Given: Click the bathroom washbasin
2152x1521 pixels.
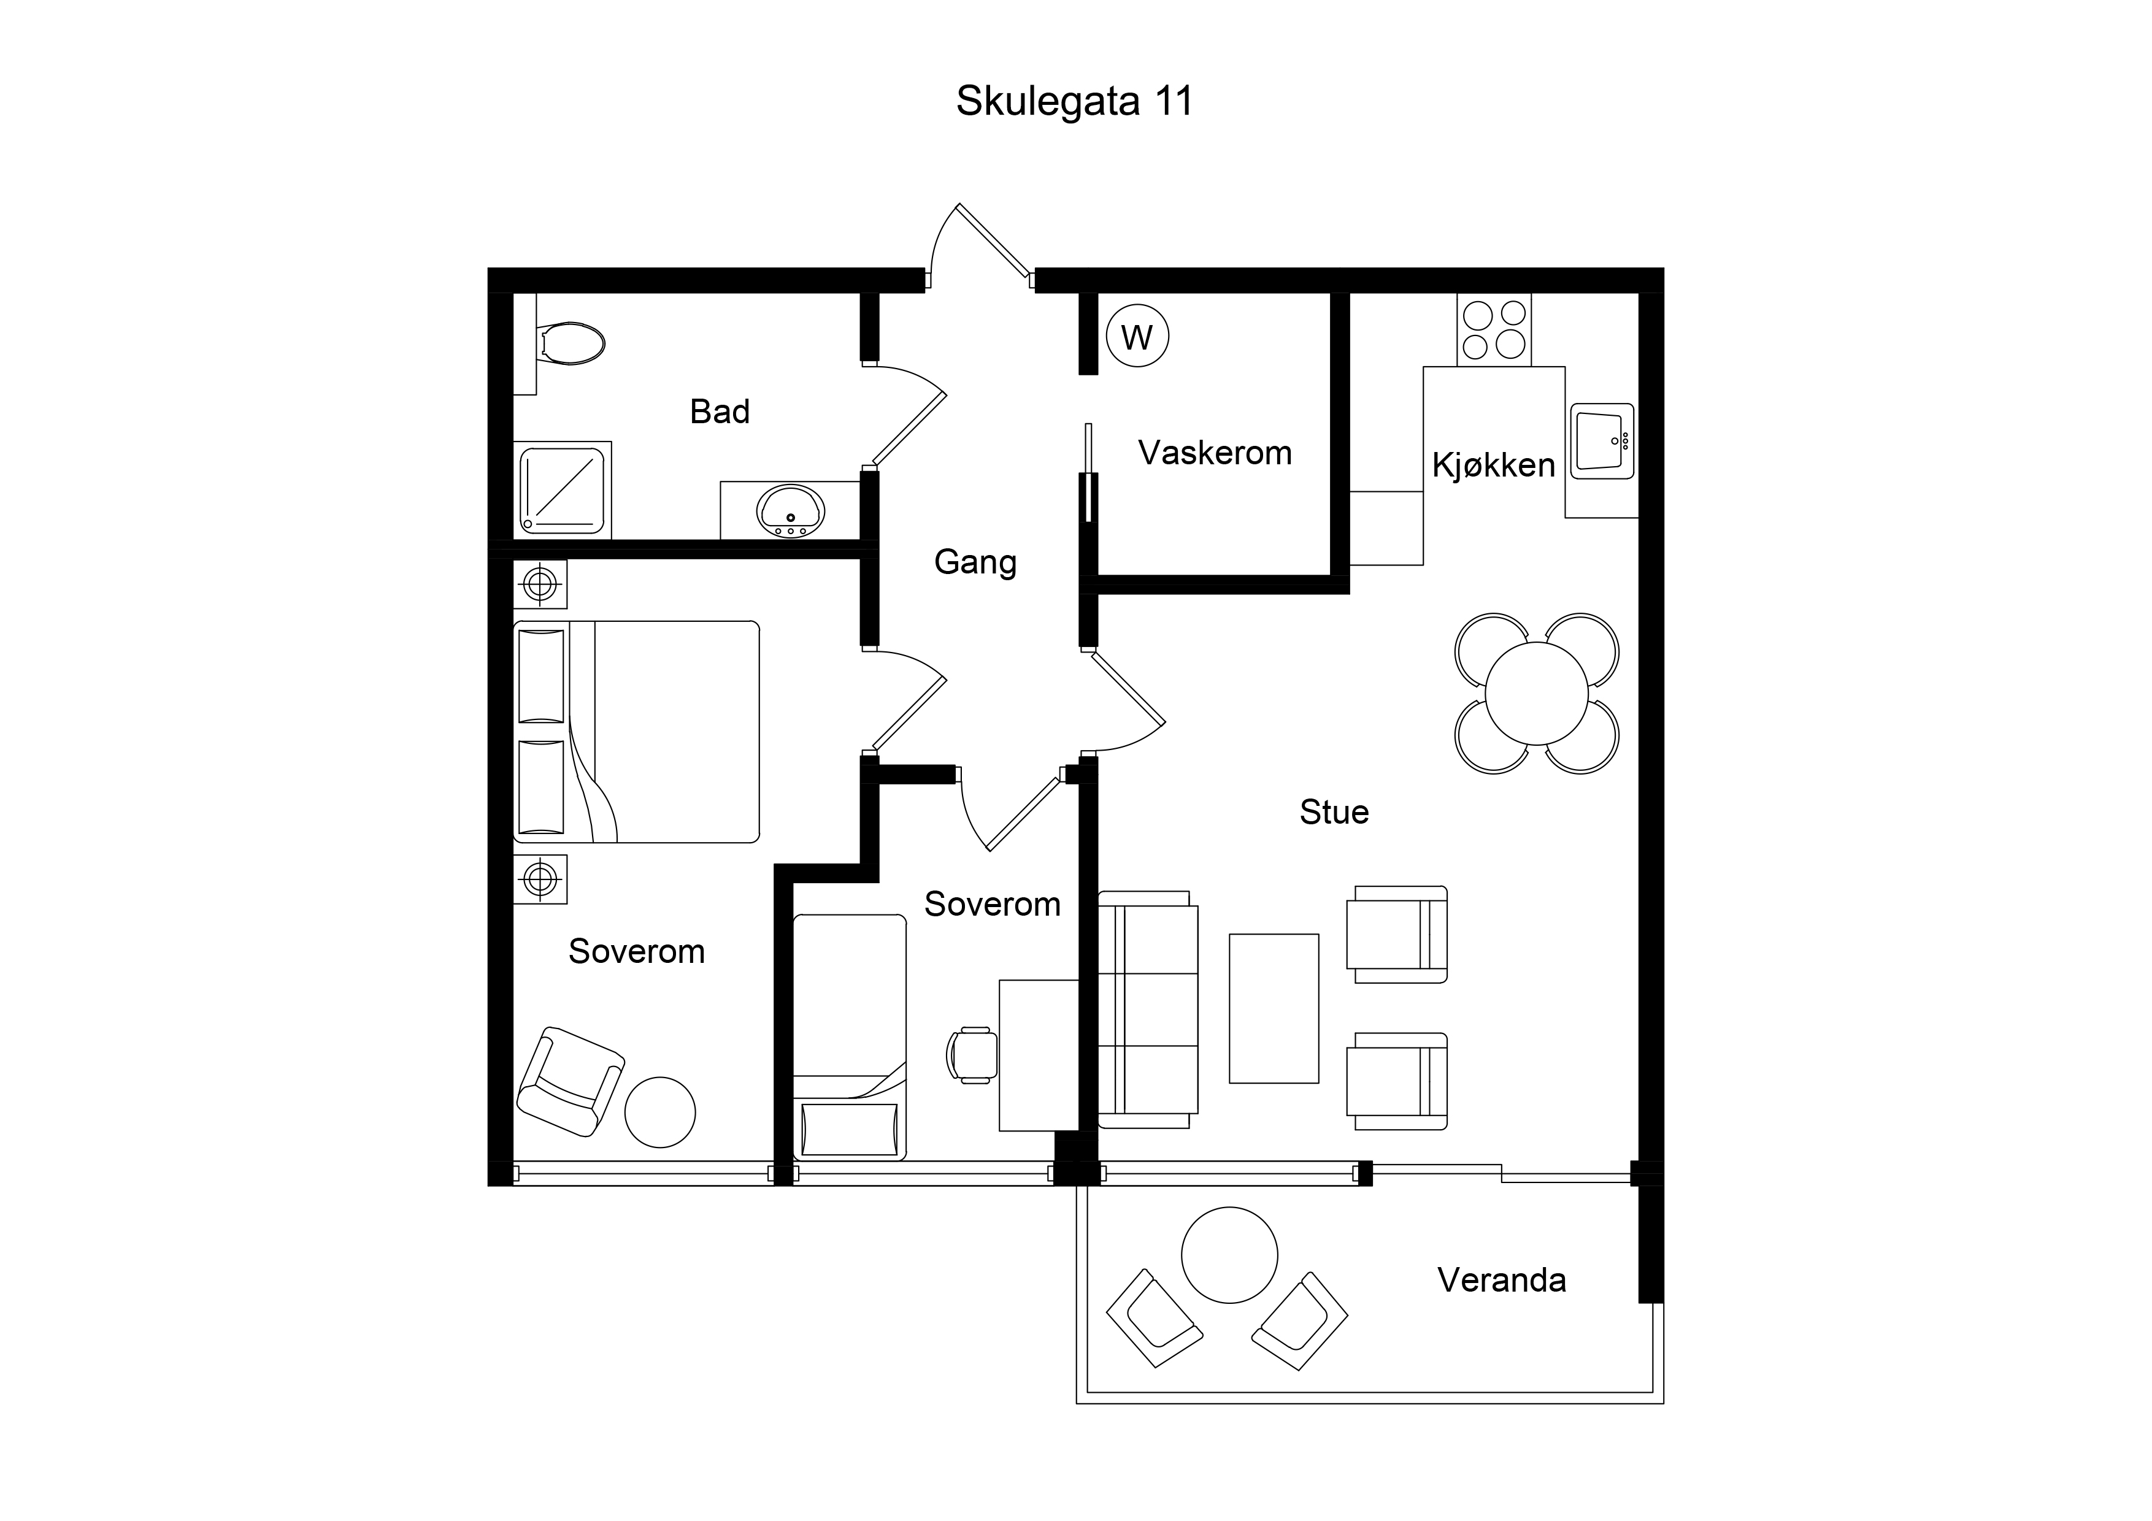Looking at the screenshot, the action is pos(790,511).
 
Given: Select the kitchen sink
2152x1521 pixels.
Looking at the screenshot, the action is pos(1602,440).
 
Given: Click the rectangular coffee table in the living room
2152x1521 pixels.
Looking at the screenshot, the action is pos(1274,1008).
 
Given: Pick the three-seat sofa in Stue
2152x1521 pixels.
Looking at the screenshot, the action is pos(1147,1010).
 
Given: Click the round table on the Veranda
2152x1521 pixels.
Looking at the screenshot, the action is pos(1229,1255).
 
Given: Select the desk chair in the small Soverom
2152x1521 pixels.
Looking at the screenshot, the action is pos(972,1056).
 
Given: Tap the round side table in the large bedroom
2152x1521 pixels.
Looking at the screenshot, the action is pos(660,1113).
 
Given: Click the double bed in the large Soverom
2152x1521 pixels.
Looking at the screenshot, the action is pos(636,732).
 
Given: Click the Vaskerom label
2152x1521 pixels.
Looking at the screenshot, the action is pos(1215,453).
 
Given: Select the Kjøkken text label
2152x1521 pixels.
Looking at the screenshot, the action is pos(1493,465).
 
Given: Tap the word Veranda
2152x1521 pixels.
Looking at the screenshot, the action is pos(1502,1280).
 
